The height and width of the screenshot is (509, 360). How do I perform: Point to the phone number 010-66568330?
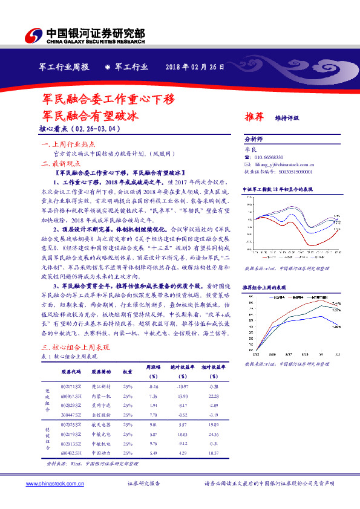[268, 157]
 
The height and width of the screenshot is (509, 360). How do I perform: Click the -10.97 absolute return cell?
[182, 386]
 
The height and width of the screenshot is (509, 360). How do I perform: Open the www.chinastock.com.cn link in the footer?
[54, 484]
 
